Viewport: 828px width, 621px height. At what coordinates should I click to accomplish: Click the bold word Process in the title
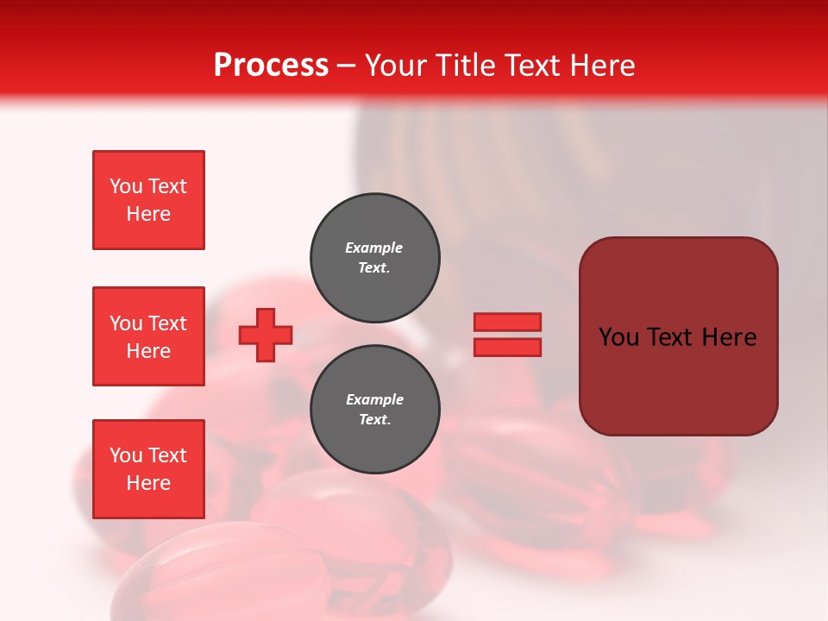[x=271, y=66]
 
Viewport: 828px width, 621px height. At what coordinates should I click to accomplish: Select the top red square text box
[x=148, y=200]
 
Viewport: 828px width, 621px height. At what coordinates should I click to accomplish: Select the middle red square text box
[x=148, y=336]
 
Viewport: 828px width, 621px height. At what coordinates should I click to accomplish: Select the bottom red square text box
[x=148, y=469]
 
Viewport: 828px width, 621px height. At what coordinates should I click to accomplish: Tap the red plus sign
[x=266, y=335]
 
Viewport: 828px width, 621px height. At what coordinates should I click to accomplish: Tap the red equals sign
[x=507, y=335]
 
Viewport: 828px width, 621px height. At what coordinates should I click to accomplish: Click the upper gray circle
[x=375, y=258]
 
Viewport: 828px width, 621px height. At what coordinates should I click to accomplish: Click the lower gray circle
[x=375, y=410]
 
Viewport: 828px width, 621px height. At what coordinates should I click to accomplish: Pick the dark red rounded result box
[x=678, y=336]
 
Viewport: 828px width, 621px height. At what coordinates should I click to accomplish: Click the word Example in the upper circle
[x=374, y=248]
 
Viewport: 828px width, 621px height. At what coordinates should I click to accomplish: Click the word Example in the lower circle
[x=374, y=399]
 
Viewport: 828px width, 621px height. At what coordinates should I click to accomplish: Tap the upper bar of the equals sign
[x=507, y=322]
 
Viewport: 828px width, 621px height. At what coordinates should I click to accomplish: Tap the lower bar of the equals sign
[x=507, y=347]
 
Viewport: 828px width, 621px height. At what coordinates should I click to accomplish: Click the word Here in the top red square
[x=148, y=214]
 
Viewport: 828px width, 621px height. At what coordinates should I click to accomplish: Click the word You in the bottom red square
[x=126, y=455]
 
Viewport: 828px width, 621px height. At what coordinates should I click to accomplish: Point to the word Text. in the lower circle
[x=374, y=420]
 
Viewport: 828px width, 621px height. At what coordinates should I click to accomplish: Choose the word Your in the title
[x=395, y=66]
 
